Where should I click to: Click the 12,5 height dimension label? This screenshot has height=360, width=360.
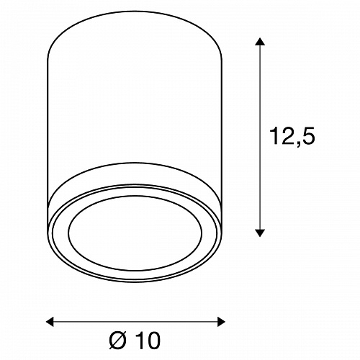[292, 136]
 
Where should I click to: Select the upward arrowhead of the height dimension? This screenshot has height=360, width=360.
[260, 41]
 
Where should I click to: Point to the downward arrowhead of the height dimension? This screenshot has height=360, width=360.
[260, 233]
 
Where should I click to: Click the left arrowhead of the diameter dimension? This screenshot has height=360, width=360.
[50, 322]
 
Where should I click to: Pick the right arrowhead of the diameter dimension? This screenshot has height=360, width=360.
[221, 322]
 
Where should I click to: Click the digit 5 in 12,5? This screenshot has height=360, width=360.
[307, 136]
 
